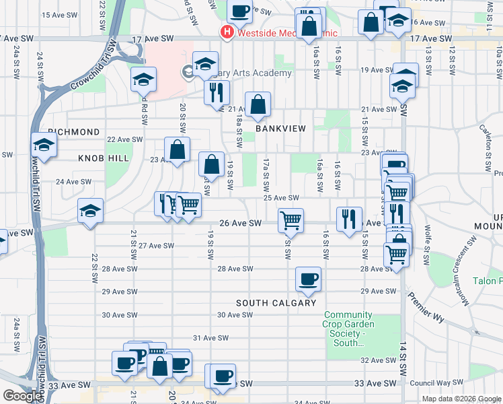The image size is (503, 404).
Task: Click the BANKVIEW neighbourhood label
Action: (280, 128)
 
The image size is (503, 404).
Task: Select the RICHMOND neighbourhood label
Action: (74, 132)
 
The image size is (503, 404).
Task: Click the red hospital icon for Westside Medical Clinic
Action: (227, 32)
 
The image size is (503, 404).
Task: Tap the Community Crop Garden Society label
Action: (348, 329)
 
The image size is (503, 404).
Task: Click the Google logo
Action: (22, 396)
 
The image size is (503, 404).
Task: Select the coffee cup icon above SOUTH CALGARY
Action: (308, 279)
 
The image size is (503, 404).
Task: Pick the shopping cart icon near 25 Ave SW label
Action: (291, 219)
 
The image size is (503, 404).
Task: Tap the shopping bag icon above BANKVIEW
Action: (258, 104)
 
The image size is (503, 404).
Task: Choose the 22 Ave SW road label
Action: (126, 139)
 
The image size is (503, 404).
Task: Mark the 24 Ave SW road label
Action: (74, 182)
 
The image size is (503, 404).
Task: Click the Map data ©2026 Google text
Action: (460, 399)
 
